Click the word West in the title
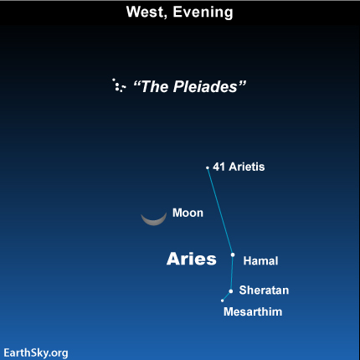[147, 13]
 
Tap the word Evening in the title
[203, 13]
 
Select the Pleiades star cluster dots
[119, 85]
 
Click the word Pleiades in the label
[205, 86]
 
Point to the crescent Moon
[154, 221]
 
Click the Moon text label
[188, 213]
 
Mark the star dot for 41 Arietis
[208, 167]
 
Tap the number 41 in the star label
[219, 167]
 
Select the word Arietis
[247, 167]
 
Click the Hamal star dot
[233, 255]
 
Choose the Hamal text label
[260, 261]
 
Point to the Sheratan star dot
[231, 291]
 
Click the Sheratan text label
[264, 291]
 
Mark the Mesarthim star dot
[222, 301]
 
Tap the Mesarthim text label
[253, 311]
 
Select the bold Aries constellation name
[192, 259]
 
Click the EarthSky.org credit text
[36, 353]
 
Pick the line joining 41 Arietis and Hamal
[220, 211]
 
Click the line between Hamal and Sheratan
[232, 273]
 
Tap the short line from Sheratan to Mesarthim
[227, 296]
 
